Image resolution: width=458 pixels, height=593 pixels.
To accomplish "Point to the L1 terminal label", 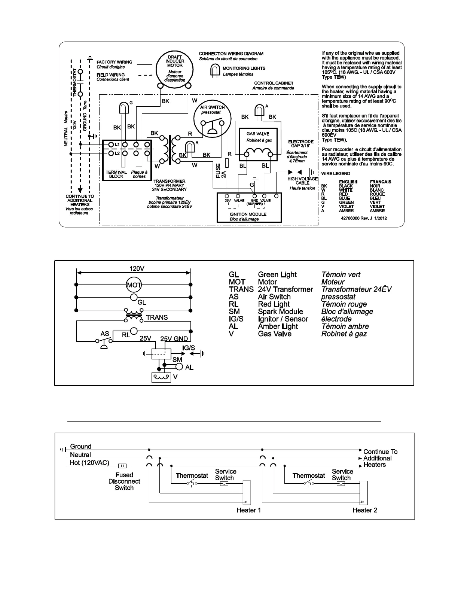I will tap(117, 144).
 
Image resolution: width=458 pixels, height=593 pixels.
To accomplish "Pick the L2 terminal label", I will tap(117, 153).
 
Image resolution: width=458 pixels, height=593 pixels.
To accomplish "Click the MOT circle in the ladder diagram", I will tap(134, 285).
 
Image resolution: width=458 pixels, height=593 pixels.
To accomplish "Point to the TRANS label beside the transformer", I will tap(157, 317).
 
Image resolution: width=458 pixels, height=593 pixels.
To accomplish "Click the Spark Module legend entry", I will tap(280, 311).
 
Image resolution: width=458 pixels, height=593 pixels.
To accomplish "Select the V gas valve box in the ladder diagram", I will tap(161, 377).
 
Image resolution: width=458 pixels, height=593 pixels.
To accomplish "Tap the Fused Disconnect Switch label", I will tap(124, 481).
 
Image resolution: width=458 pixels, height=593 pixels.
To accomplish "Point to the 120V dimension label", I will tap(137, 268).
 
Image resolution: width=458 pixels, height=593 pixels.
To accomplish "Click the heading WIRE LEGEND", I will tap(336, 174).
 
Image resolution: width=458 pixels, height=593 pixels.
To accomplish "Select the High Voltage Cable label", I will tap(302, 181).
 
